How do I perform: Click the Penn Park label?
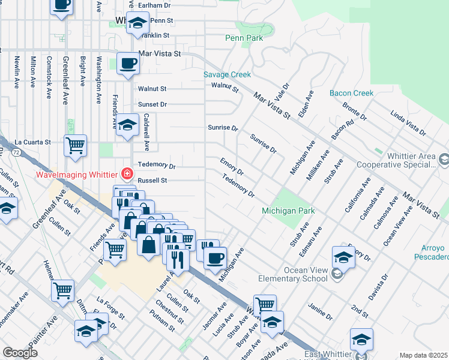(x=244, y=38)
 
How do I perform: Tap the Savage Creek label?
(x=226, y=74)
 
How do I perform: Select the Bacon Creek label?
(x=351, y=93)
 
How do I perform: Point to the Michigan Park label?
(x=288, y=211)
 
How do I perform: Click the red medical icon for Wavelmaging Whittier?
(x=126, y=175)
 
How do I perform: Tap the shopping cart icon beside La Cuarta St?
(x=76, y=145)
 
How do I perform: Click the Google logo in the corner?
(x=20, y=353)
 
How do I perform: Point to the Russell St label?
(x=151, y=180)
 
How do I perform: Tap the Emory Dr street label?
(x=231, y=167)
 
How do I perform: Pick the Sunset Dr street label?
(x=152, y=104)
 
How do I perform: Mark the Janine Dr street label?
(x=320, y=311)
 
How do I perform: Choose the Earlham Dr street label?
(x=154, y=5)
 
